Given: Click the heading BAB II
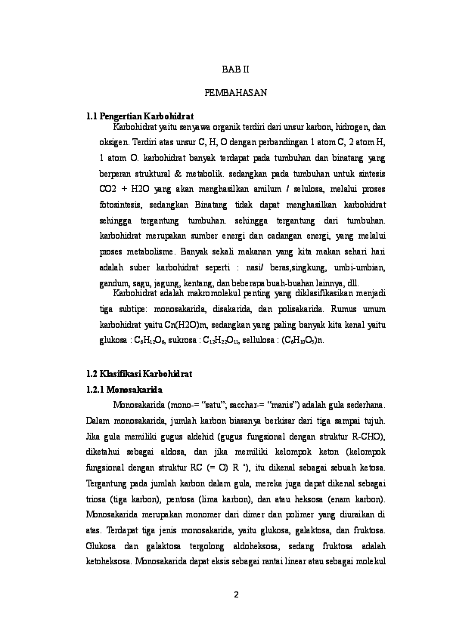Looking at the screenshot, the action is coord(234,69).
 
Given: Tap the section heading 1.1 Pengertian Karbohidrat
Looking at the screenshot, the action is coord(141,116).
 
